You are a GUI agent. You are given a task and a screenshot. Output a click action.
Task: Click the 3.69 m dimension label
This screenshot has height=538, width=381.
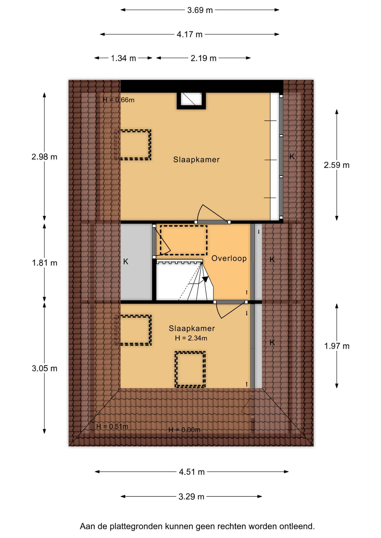[x=200, y=10]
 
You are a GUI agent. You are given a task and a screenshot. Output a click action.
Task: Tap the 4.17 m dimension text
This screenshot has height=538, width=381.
[x=189, y=34]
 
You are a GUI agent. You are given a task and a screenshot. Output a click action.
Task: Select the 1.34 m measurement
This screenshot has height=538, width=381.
[x=123, y=58]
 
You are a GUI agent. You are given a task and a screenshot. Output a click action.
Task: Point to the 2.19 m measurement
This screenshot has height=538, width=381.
[x=203, y=58]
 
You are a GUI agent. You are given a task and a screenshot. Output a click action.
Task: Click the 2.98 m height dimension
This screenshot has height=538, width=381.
[x=44, y=157]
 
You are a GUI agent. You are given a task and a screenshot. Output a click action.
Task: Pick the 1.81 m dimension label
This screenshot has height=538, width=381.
[x=44, y=263]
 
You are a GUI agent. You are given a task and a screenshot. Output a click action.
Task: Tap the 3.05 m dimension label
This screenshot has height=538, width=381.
[x=44, y=368]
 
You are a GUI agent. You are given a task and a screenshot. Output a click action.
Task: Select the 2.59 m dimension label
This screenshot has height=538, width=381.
[x=336, y=165]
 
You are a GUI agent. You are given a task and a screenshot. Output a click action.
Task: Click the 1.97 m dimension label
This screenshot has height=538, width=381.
[x=337, y=346]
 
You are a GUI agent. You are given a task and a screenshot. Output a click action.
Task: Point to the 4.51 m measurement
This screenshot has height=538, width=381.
[x=192, y=472]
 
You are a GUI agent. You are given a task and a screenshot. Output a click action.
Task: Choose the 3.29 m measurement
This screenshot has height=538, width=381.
[x=191, y=497]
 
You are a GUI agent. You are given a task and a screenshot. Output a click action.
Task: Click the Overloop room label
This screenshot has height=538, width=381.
[x=229, y=258]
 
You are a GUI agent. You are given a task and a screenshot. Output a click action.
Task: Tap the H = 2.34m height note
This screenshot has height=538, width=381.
[x=191, y=338]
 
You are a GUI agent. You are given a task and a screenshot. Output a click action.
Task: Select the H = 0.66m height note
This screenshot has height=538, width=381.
[x=118, y=100]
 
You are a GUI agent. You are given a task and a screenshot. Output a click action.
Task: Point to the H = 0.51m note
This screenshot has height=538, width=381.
[x=112, y=426]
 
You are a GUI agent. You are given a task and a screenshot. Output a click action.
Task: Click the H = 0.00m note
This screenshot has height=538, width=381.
[x=184, y=430]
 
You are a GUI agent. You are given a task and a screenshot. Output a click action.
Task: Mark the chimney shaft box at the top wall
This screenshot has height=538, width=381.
[x=191, y=100]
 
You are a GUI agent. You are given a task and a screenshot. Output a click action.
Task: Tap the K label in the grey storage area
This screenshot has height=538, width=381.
[x=126, y=262]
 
